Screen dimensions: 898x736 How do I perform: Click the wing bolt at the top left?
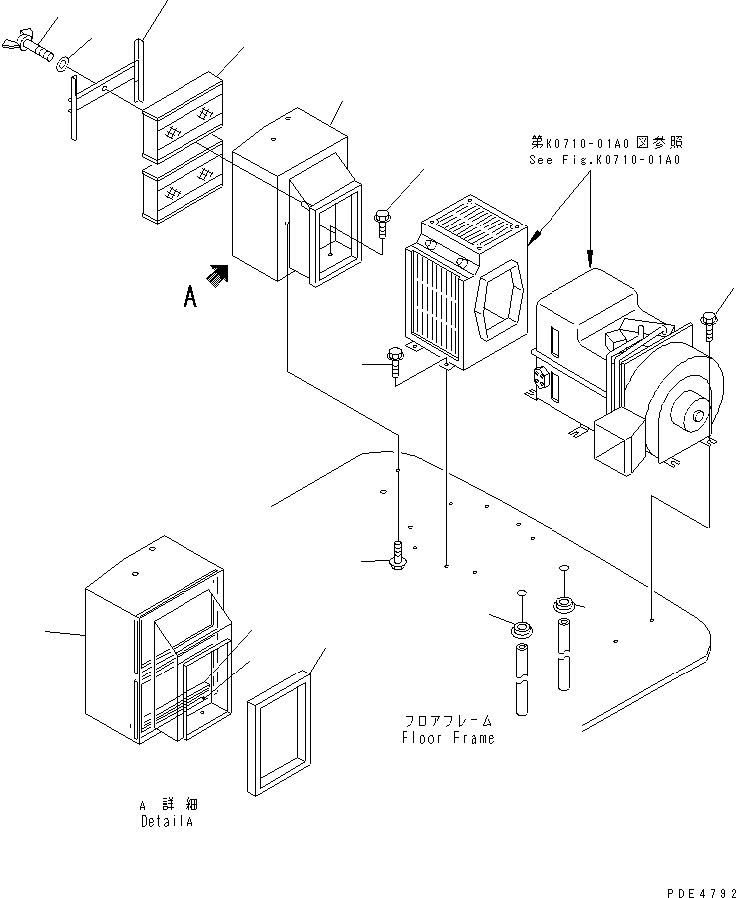tap(33, 42)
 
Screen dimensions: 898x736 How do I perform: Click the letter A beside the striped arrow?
tap(189, 296)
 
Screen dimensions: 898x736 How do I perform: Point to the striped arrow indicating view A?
tap(218, 273)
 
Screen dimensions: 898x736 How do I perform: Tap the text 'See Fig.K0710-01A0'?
tap(603, 159)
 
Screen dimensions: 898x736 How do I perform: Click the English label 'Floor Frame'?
tap(448, 738)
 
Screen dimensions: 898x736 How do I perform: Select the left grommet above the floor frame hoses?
tap(520, 630)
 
